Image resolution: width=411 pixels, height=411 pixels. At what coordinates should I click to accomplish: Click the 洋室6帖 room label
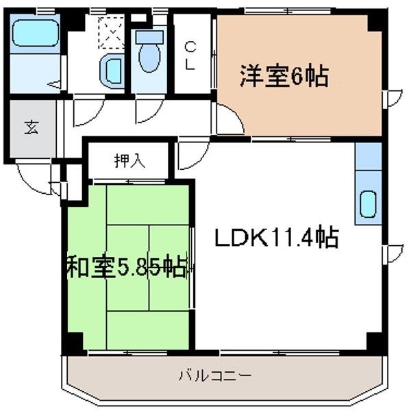(x=284, y=75)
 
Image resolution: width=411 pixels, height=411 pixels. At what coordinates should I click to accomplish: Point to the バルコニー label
(x=215, y=375)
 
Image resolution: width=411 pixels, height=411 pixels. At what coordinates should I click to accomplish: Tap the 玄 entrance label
(x=32, y=128)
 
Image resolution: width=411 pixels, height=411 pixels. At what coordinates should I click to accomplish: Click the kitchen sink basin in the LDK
(x=368, y=203)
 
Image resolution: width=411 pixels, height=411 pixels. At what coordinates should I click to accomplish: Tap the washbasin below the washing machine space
(x=111, y=68)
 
